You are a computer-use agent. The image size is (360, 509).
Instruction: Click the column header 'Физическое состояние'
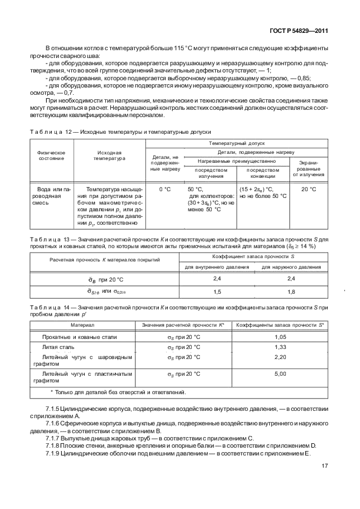pyautogui.click(x=51, y=156)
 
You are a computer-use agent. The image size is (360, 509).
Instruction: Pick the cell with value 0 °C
pyautogui.click(x=164, y=190)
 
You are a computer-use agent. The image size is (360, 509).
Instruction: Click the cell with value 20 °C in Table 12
pyautogui.click(x=309, y=190)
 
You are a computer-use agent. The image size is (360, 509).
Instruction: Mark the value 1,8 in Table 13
pyautogui.click(x=290, y=290)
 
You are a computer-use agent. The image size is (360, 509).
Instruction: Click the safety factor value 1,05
pyautogui.click(x=280, y=337)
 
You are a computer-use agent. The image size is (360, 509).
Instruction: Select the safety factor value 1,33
pyautogui.click(x=280, y=347)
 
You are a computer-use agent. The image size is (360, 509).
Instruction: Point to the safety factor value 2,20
pyautogui.click(x=280, y=357)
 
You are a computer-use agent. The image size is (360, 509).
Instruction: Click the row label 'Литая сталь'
pyautogui.click(x=58, y=347)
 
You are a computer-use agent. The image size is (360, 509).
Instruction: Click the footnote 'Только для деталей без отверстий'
pyautogui.click(x=118, y=392)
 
